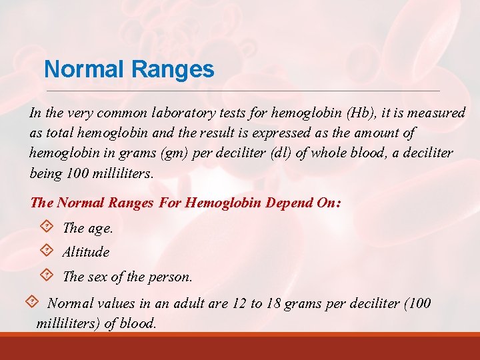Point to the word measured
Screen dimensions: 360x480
point(437,113)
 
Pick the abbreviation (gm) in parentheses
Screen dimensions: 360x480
point(174,153)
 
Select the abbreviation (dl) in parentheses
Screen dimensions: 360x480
point(283,153)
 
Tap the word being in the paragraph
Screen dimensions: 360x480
point(46,174)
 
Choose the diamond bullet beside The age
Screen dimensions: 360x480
point(46,227)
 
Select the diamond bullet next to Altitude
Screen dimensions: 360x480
point(46,251)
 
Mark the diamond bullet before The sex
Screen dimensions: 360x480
point(46,275)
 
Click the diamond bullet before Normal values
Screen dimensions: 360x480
point(31,302)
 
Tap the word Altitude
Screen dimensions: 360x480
point(85,252)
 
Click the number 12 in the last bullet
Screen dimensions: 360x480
point(239,304)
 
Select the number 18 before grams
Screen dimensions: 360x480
point(273,304)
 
